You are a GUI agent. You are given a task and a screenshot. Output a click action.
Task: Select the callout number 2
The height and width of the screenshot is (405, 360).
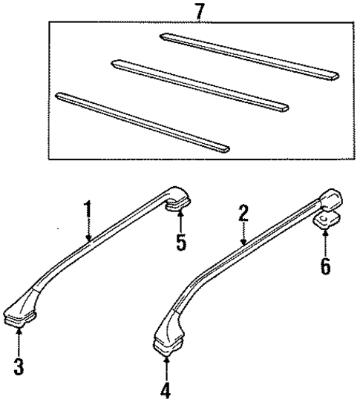coord(243,215)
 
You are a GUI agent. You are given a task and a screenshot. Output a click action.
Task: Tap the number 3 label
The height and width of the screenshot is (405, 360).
coord(19,365)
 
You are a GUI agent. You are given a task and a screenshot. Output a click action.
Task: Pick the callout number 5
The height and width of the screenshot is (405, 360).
coord(180,243)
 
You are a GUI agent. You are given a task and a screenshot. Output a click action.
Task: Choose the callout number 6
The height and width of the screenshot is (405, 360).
coord(325,266)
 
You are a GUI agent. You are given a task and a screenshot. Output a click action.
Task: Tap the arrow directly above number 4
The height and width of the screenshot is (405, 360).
coord(166,367)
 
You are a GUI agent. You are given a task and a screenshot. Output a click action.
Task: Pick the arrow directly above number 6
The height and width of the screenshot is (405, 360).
coord(325,242)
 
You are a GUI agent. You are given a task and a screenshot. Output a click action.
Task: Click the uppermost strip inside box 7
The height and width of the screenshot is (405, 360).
coord(249,55)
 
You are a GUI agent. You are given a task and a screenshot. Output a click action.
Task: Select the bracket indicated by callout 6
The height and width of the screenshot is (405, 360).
coord(324,220)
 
